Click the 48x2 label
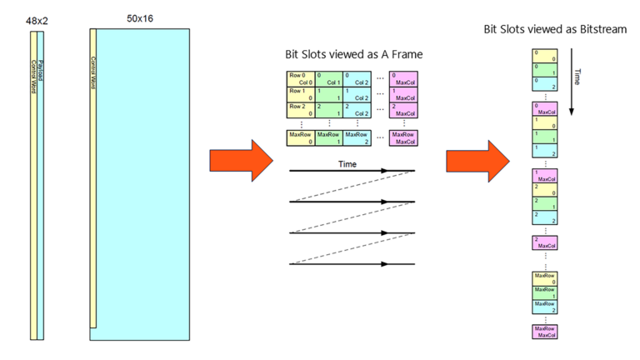pos(37,19)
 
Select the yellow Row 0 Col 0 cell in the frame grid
pos(300,80)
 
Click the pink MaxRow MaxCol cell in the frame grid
pos(403,137)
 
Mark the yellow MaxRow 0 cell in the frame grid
pos(300,137)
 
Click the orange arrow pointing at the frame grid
pos(250,160)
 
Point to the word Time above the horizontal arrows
pos(347,164)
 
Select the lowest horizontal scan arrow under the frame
pos(350,264)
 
